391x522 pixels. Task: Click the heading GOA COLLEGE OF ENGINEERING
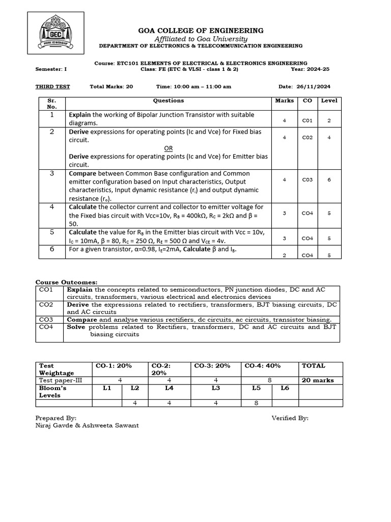[201, 31]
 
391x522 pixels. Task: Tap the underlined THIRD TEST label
[52, 87]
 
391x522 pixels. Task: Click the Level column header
[329, 101]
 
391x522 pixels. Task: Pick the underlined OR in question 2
[168, 148]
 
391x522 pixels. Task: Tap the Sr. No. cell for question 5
[52, 232]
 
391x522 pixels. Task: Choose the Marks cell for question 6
[284, 255]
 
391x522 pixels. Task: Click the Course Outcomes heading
[66, 282]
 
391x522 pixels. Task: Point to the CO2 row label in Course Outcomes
[46, 304]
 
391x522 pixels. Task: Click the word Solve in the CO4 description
[76, 327]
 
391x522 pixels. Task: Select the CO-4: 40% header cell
[262, 366]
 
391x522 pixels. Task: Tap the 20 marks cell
[318, 380]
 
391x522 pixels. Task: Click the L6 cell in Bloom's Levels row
[284, 388]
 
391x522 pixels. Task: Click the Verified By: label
[290, 418]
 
